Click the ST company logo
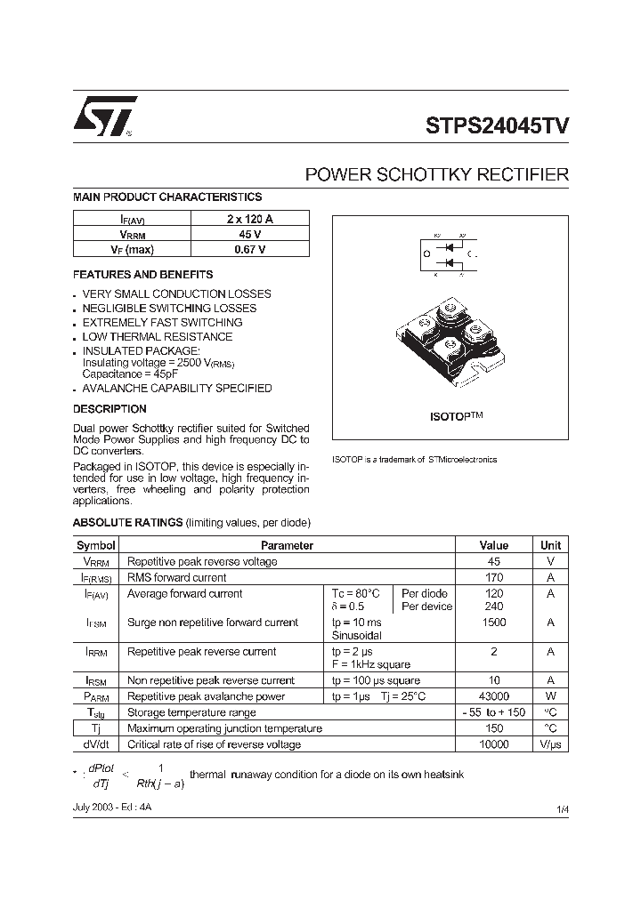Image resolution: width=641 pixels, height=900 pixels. coord(104,116)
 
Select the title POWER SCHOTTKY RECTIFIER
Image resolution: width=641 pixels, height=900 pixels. coord(436,175)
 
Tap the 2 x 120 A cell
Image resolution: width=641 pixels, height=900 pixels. coord(249,218)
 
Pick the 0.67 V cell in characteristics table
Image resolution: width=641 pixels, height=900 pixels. coord(249,250)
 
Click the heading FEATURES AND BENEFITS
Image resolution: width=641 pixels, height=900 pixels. coord(142,275)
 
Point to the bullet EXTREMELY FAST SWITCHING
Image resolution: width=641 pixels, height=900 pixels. coord(162,323)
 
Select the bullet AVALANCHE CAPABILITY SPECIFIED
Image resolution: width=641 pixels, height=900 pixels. coord(177,389)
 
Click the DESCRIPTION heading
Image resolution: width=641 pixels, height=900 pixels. coord(110,409)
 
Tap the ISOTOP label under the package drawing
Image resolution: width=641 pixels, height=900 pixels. coord(450,415)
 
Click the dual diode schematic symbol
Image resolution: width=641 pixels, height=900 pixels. coord(450,254)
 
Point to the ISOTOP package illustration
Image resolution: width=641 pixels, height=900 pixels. coord(450,342)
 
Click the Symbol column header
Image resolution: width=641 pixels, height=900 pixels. coord(95,545)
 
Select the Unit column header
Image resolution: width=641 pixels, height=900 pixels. coord(550,545)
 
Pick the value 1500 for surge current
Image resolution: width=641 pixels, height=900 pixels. coord(493,623)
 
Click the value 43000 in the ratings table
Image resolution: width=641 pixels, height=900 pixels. coord(493,696)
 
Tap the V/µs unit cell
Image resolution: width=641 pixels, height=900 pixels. coord(550,744)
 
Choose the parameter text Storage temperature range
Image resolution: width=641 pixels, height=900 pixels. coord(191,712)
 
